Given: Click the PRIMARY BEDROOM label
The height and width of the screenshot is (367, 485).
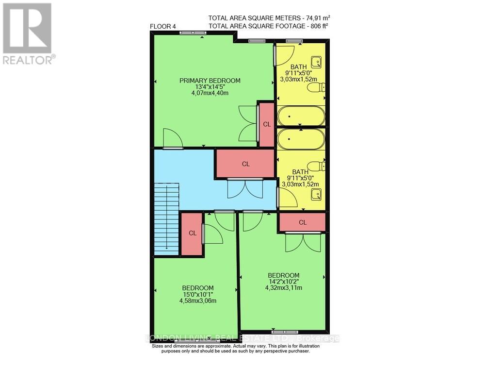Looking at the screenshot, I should point(210,81).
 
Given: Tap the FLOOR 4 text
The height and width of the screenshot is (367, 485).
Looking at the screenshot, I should point(163,27).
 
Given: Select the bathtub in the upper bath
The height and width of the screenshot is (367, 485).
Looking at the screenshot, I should point(300,116).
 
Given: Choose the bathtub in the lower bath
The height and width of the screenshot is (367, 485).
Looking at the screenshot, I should point(300,139).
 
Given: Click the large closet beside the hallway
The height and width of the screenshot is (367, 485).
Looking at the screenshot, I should point(245,164).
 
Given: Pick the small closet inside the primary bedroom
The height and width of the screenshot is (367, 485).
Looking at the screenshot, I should point(266,124).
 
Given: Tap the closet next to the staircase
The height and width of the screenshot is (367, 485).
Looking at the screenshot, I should point(192,233).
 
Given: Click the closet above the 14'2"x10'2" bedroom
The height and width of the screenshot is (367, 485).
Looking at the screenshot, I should point(302,222).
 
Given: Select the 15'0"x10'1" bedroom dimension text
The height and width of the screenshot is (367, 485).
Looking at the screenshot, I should point(197,294).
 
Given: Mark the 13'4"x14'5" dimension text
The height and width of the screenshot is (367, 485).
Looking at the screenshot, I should point(210,87).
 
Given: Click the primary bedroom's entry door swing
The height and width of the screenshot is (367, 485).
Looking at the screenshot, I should point(172,138).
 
